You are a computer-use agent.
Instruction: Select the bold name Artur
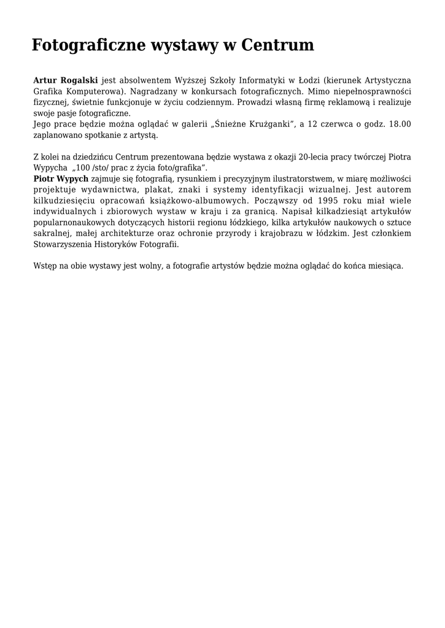[45, 80]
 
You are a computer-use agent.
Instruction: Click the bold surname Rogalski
[79, 80]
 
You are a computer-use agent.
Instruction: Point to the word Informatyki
[260, 80]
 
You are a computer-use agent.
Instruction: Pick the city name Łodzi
[304, 80]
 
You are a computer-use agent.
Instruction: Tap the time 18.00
[399, 124]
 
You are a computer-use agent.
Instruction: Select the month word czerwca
[335, 124]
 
